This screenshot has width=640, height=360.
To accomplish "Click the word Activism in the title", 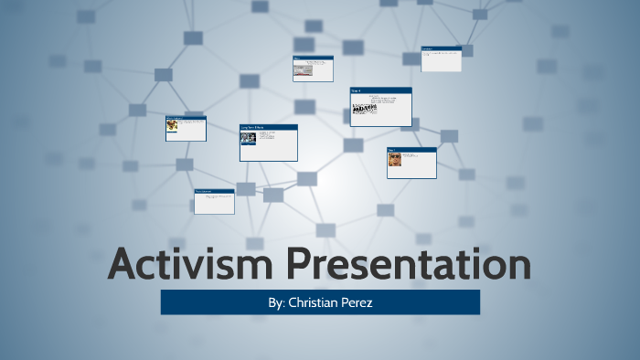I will pos(193,264).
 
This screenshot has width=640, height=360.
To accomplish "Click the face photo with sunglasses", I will pos(395,160).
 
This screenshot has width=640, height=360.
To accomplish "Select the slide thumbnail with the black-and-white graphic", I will pos(380,107).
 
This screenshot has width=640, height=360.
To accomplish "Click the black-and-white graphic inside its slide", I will pos(365,109).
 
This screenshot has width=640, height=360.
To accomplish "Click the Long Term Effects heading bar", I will pos(269,127).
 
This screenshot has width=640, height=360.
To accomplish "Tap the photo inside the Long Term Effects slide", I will pos(248,139).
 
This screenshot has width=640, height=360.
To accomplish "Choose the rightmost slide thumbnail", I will pos(441,59).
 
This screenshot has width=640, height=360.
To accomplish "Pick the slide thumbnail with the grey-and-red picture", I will pos(313,69).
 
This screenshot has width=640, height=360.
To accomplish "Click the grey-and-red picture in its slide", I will pos(303,69).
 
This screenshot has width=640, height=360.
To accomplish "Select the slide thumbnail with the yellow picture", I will pos(186,129).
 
